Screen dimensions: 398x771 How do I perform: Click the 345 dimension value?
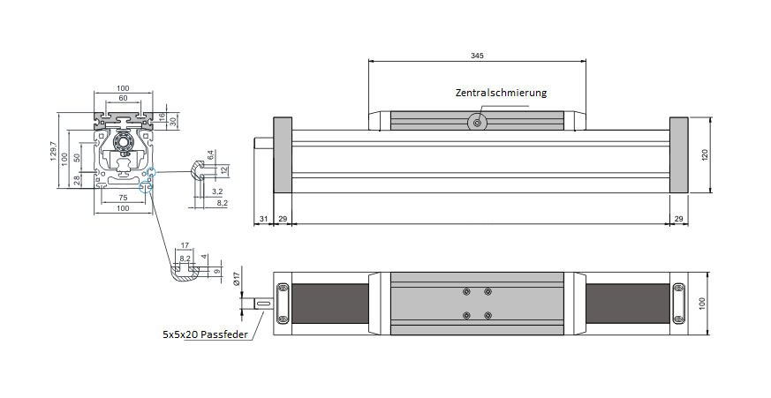(x=477, y=55)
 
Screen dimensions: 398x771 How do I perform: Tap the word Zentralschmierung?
(x=502, y=93)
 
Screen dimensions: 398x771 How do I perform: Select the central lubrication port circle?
(x=478, y=123)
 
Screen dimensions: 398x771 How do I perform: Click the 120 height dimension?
(x=705, y=154)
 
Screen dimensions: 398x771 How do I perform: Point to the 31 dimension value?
(x=263, y=217)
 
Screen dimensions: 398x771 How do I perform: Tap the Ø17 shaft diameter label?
(x=237, y=278)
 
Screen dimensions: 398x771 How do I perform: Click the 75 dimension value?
(x=123, y=198)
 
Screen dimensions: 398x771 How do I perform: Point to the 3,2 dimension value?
(x=217, y=191)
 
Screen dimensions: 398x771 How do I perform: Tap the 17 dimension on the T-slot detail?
(x=184, y=246)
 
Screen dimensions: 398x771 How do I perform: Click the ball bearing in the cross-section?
(x=122, y=139)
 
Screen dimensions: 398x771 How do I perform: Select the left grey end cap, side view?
(x=283, y=154)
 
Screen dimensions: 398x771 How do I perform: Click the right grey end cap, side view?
(x=679, y=154)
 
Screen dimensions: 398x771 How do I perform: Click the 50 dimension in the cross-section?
(x=77, y=157)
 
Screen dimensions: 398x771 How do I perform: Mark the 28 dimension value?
(x=77, y=180)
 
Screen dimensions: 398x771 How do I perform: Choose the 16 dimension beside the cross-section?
(x=162, y=116)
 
